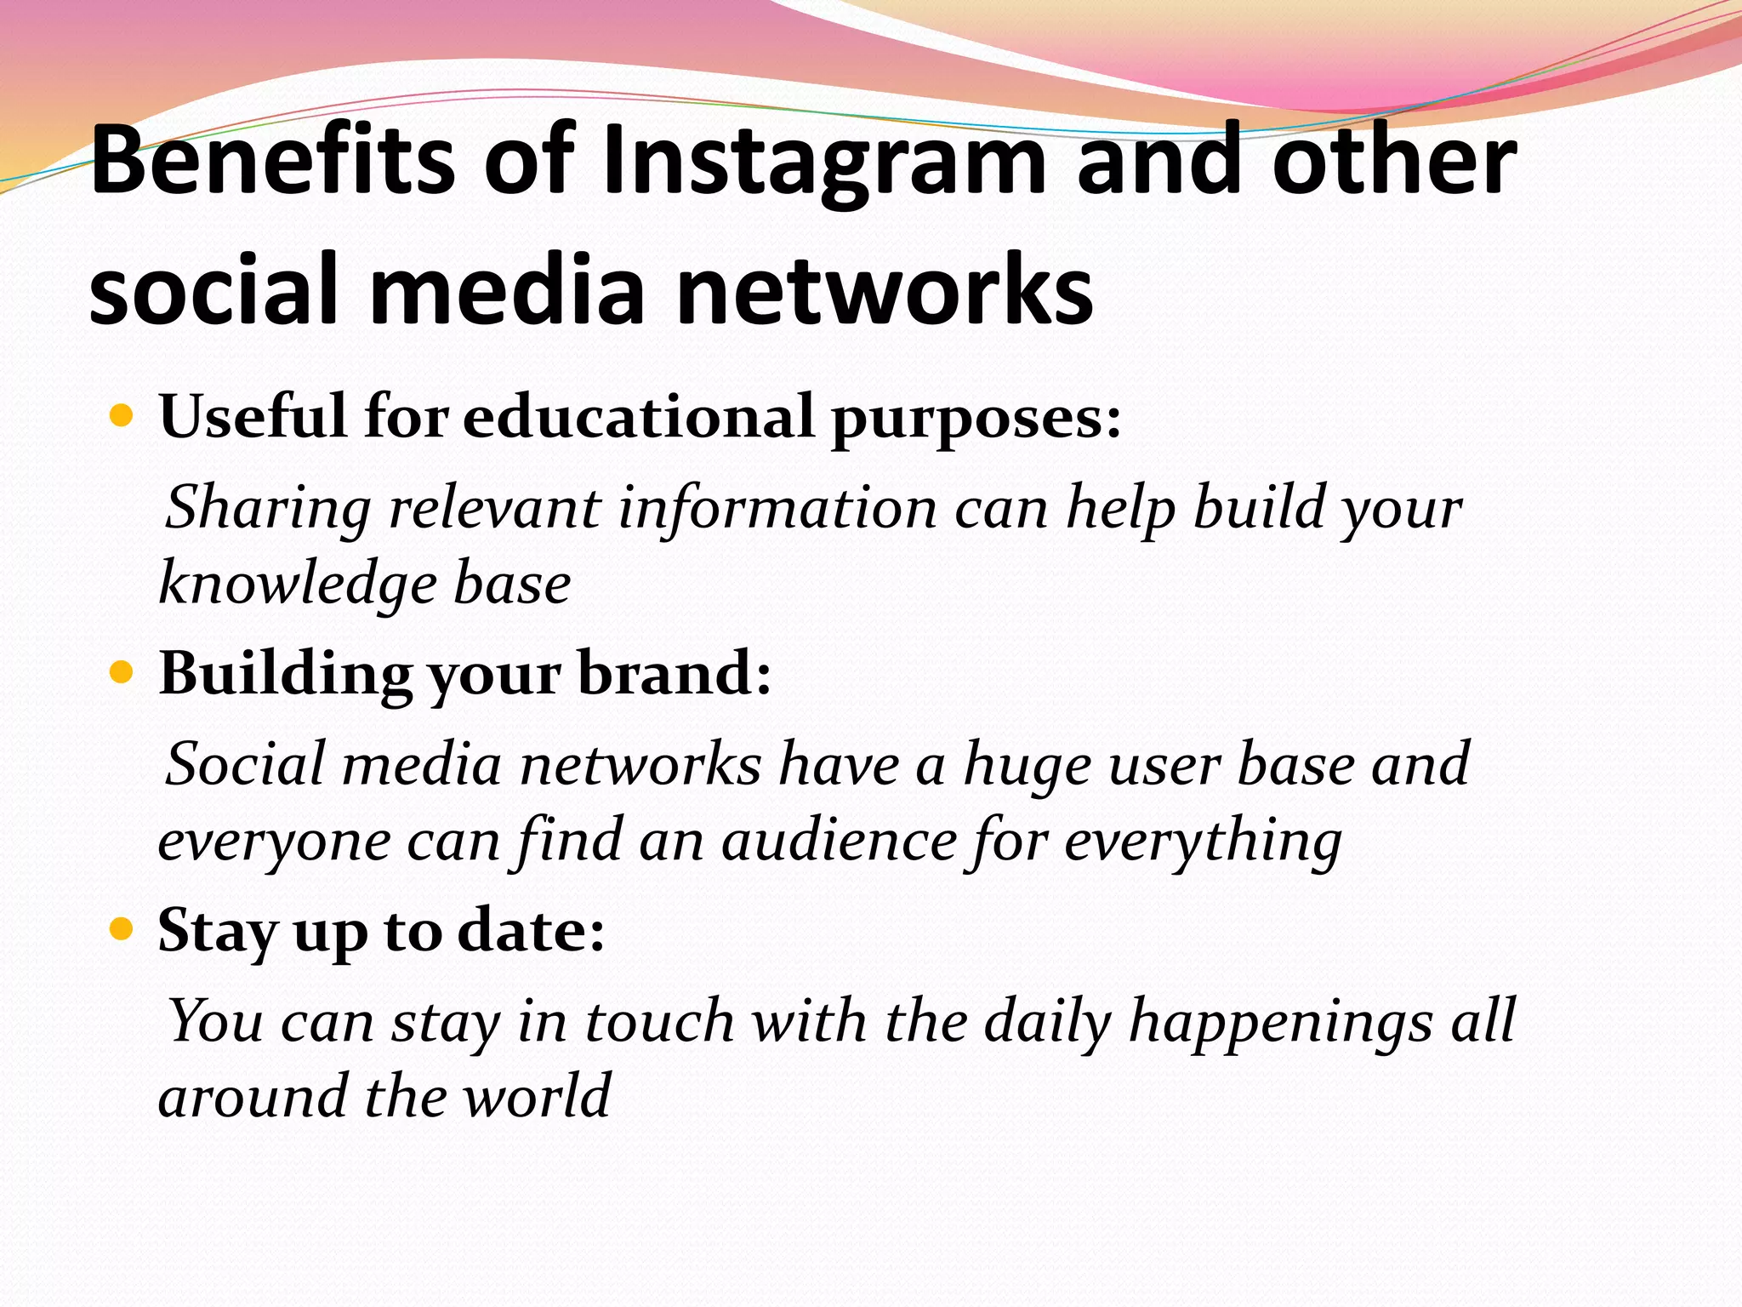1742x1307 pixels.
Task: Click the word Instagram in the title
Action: [823, 162]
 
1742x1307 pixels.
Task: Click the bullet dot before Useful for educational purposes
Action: [122, 417]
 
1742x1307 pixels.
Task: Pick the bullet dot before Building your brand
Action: [122, 674]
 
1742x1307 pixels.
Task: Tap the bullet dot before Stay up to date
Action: [122, 930]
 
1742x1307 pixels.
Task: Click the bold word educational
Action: [638, 417]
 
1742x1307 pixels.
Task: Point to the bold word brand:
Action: [675, 674]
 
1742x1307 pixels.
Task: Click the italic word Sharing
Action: [267, 508]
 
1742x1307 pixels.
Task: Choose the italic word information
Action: [777, 508]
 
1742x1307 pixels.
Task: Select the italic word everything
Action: [1203, 842]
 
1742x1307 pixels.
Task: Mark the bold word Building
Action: [285, 674]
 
